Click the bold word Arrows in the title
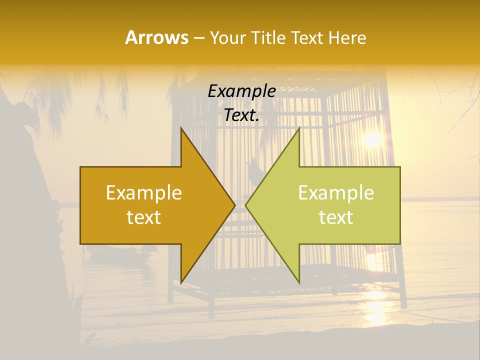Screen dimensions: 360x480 [x=156, y=37]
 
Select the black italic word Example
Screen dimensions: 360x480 [x=241, y=91]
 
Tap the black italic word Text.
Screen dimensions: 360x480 [x=241, y=115]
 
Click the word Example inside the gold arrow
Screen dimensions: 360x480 [x=143, y=193]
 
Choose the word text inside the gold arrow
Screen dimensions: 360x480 [x=143, y=217]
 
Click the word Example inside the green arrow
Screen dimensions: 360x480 [x=336, y=193]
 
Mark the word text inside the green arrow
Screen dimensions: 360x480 [x=336, y=217]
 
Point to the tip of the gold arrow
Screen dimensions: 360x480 [x=234, y=205]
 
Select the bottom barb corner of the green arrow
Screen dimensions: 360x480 [x=299, y=283]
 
